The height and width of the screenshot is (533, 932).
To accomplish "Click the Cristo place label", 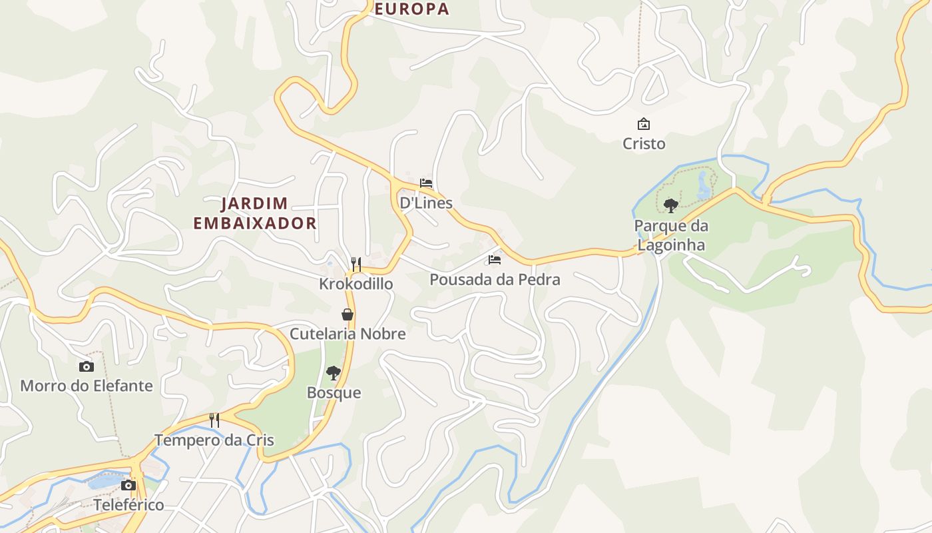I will [643, 144].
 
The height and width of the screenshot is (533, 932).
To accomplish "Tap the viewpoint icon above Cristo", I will [643, 124].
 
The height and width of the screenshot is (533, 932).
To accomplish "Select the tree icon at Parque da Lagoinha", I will [671, 205].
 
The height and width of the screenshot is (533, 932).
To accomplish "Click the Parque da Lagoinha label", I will [671, 235].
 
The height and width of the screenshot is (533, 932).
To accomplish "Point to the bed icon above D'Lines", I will [426, 183].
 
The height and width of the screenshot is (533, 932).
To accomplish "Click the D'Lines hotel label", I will [426, 203].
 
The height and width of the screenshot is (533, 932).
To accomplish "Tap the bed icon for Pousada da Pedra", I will [494, 259].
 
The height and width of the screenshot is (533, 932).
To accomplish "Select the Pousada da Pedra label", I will [495, 280].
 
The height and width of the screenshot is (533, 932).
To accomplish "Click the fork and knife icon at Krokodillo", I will [356, 264].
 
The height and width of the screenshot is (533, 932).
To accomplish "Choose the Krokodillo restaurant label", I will [356, 284].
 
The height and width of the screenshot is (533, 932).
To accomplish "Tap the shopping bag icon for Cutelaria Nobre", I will [347, 314].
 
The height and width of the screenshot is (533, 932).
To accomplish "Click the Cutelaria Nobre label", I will [347, 334].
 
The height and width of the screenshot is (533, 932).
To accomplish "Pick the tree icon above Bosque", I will [334, 373].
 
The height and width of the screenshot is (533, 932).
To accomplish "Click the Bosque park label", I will [334, 393].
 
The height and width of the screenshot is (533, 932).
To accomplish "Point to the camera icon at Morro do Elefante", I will [86, 366].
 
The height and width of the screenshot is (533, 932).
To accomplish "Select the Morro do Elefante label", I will [87, 386].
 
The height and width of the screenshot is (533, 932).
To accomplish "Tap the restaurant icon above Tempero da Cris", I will [214, 420].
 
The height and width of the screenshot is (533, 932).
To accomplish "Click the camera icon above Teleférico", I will [128, 485].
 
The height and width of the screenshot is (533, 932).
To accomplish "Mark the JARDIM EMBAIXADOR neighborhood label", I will [255, 213].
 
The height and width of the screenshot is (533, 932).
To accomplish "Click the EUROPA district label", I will [411, 9].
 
